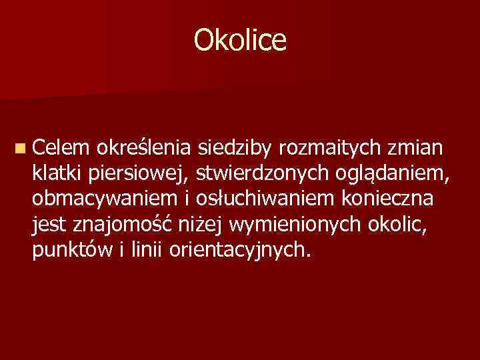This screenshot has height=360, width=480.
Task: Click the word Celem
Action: click(59, 146)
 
